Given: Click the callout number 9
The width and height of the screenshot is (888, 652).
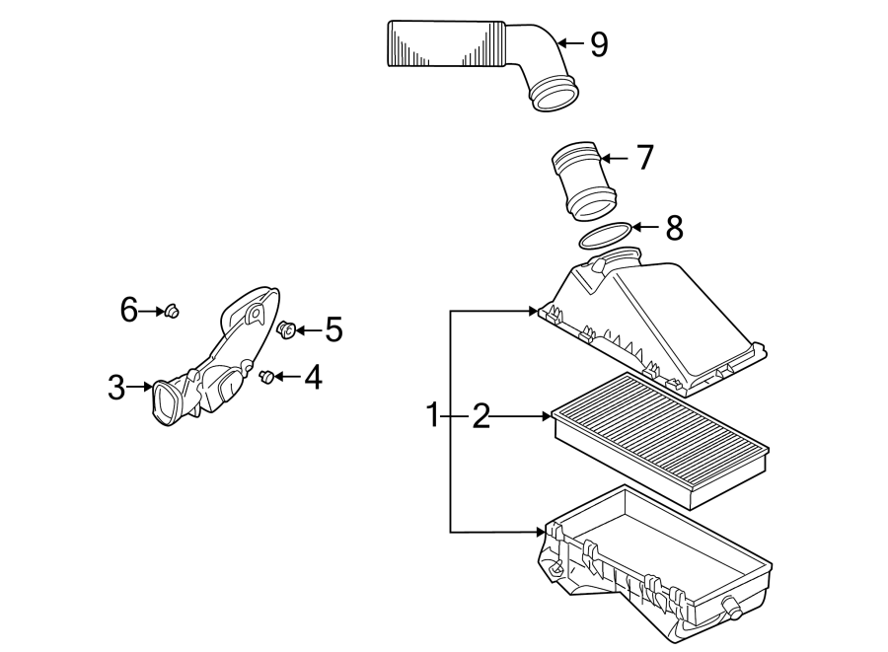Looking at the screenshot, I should [598, 43].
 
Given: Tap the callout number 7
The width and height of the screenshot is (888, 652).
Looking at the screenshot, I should [643, 157].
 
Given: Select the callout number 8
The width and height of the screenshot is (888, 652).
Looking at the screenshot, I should [674, 228].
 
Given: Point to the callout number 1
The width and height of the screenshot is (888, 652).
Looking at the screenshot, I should [431, 416].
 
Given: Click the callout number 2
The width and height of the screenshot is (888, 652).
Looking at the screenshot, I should [481, 416].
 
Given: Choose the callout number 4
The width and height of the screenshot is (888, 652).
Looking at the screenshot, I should [312, 377].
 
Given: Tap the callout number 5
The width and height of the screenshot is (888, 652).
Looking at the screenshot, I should [333, 329].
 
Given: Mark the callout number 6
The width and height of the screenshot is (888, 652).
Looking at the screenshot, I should [129, 311].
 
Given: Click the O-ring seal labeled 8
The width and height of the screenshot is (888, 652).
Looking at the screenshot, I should [604, 236].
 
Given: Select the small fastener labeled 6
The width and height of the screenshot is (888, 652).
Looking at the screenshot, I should [173, 312].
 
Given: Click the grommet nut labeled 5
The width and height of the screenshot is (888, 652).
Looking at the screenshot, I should [287, 329].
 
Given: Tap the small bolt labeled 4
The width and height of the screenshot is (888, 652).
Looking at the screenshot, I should [264, 376].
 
